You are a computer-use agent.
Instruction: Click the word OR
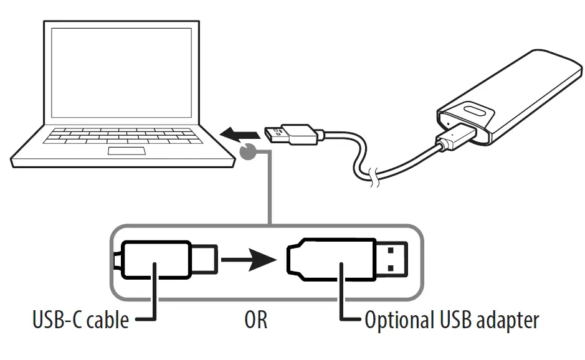(x=255, y=321)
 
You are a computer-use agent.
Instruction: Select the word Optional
(x=397, y=321)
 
